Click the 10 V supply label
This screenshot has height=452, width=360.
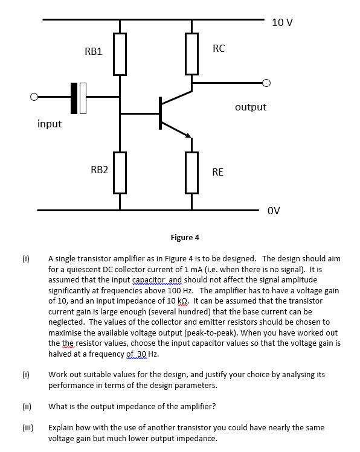282,23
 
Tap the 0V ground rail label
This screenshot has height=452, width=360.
274,211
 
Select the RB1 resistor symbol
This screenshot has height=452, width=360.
120,54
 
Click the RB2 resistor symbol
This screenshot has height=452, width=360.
120,173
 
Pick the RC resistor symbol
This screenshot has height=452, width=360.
192,54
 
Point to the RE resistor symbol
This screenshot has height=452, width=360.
192,173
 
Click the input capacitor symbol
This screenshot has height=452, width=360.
79,97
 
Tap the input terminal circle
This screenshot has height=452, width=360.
35,97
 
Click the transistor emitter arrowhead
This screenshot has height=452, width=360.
188,136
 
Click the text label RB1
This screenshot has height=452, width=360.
94,52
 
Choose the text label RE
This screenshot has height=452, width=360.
217,173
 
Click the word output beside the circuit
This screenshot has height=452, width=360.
250,107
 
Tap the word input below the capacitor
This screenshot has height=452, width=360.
50,124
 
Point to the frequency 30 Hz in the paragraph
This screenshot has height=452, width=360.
145,354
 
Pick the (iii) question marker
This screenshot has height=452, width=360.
27,427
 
